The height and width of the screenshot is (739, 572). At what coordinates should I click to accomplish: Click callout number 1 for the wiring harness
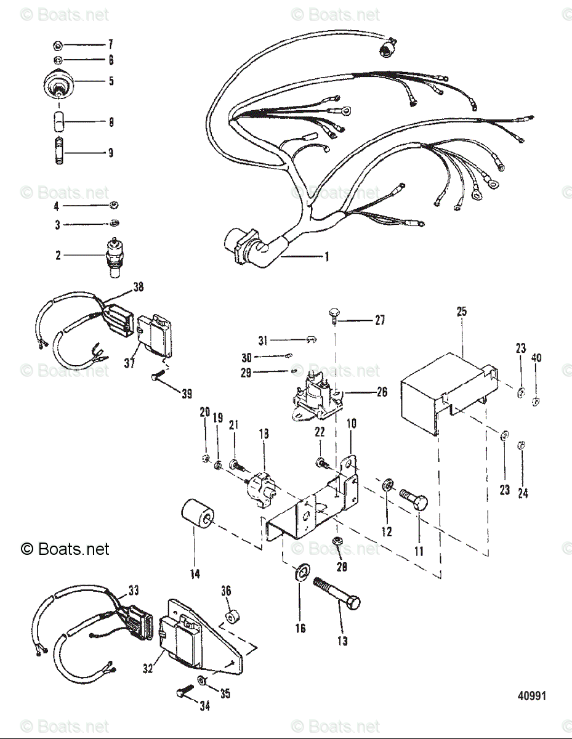click(327, 256)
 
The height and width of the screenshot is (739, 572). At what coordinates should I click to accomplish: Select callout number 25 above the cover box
click(462, 312)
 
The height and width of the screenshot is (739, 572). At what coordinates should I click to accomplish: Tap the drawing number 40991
click(531, 696)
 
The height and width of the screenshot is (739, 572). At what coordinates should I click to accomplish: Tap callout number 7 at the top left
click(111, 44)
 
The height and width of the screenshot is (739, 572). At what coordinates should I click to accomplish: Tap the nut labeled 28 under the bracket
click(337, 542)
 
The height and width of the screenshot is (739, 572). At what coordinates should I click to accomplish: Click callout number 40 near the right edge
click(536, 358)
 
